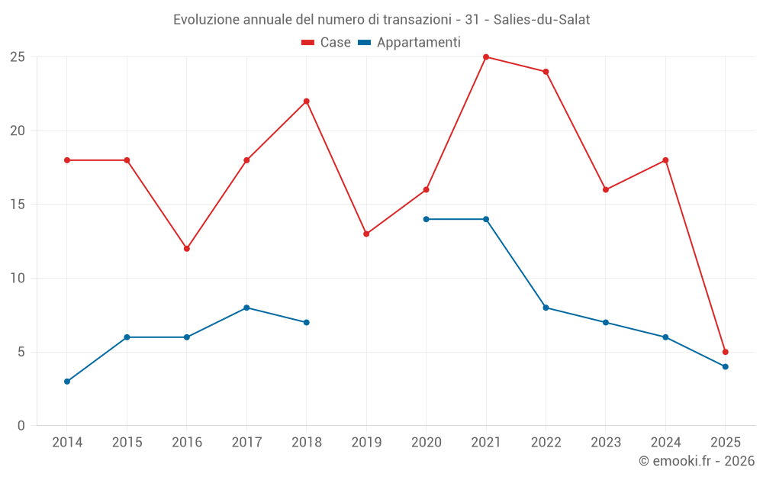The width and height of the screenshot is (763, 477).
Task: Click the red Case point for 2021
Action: pyautogui.click(x=486, y=57)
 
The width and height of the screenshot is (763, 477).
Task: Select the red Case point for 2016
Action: pyautogui.click(x=187, y=249)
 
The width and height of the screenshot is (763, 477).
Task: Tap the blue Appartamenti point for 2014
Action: pyautogui.click(x=67, y=382)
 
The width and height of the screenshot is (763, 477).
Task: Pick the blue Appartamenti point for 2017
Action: pyautogui.click(x=246, y=308)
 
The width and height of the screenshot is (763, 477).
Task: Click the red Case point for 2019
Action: pyautogui.click(x=366, y=234)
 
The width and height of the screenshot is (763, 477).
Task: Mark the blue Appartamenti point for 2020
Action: pyautogui.click(x=427, y=219)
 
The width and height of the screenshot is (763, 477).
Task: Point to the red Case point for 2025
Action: pyautogui.click(x=726, y=352)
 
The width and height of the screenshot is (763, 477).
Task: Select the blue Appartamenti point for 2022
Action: pyautogui.click(x=546, y=308)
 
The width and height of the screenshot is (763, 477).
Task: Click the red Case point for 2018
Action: pyautogui.click(x=307, y=102)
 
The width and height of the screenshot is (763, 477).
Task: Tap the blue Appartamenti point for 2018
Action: pyautogui.click(x=307, y=322)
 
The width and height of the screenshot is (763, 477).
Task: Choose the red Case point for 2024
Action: pyautogui.click(x=665, y=160)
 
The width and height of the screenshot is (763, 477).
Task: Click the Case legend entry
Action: pyautogui.click(x=327, y=43)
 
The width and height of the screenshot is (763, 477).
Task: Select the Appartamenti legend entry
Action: pyautogui.click(x=410, y=43)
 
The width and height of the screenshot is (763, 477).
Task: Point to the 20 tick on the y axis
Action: pyautogui.click(x=17, y=131)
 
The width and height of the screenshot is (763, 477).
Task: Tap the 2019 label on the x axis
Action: pyautogui.click(x=366, y=443)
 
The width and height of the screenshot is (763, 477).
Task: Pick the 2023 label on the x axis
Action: pyautogui.click(x=606, y=443)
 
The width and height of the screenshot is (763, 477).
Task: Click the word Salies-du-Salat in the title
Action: pyautogui.click(x=542, y=20)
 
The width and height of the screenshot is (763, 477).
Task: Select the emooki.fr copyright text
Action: pyautogui.click(x=697, y=461)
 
